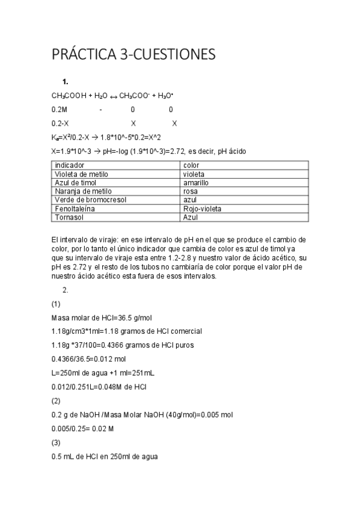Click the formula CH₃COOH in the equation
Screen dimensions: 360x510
click(69, 96)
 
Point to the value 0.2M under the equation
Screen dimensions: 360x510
click(59, 109)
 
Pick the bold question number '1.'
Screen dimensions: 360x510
click(66, 81)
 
